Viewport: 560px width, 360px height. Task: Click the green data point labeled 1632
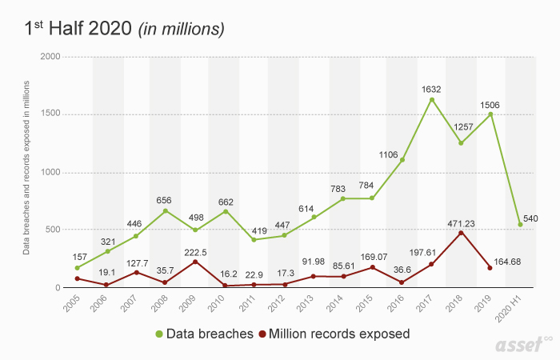[x=432, y=100]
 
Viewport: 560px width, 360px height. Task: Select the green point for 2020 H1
[x=521, y=225]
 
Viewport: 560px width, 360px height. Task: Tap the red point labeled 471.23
[x=462, y=233]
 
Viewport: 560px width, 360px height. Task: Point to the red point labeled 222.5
[x=195, y=262]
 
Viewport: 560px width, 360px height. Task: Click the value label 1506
[x=491, y=104]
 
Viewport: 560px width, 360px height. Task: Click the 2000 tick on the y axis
[x=49, y=58]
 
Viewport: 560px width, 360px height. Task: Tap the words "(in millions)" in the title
[x=181, y=29]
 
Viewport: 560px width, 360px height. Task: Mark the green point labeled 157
[x=77, y=268]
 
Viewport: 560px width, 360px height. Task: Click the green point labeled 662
[x=225, y=211]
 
